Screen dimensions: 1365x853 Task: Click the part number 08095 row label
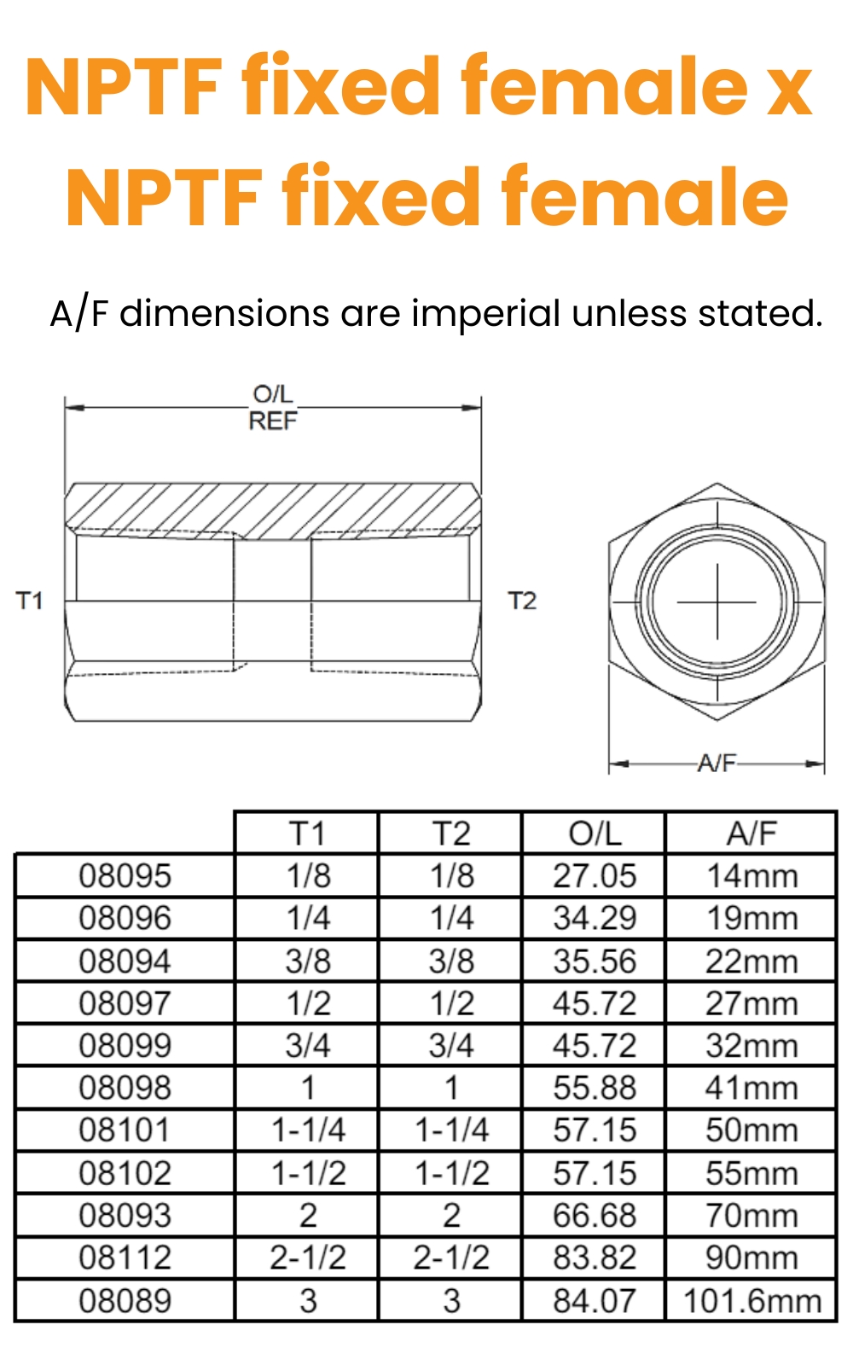pos(125,875)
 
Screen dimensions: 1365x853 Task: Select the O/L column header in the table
pos(595,833)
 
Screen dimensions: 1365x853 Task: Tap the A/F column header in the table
pos(751,833)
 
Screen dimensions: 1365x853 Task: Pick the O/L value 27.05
pos(595,875)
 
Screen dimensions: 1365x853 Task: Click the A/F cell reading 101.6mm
pos(751,1300)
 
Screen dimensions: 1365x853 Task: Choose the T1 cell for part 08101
pos(308,1130)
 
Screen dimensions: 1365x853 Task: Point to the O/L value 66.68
pos(595,1215)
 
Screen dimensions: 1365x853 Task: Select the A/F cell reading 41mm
pos(751,1088)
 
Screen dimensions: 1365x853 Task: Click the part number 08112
pos(125,1258)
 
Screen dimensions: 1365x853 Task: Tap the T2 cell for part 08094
pos(451,961)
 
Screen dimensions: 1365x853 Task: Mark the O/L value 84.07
pos(595,1300)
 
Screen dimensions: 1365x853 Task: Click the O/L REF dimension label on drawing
pos(273,408)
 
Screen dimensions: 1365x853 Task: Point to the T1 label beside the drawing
pos(30,601)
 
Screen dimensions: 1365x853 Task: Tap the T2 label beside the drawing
pos(522,601)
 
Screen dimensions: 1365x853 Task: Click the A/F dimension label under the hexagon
pos(717,763)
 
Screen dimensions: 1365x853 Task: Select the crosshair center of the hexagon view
pos(717,602)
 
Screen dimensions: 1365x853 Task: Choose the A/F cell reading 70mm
pos(751,1215)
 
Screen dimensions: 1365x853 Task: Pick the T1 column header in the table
pos(308,833)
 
